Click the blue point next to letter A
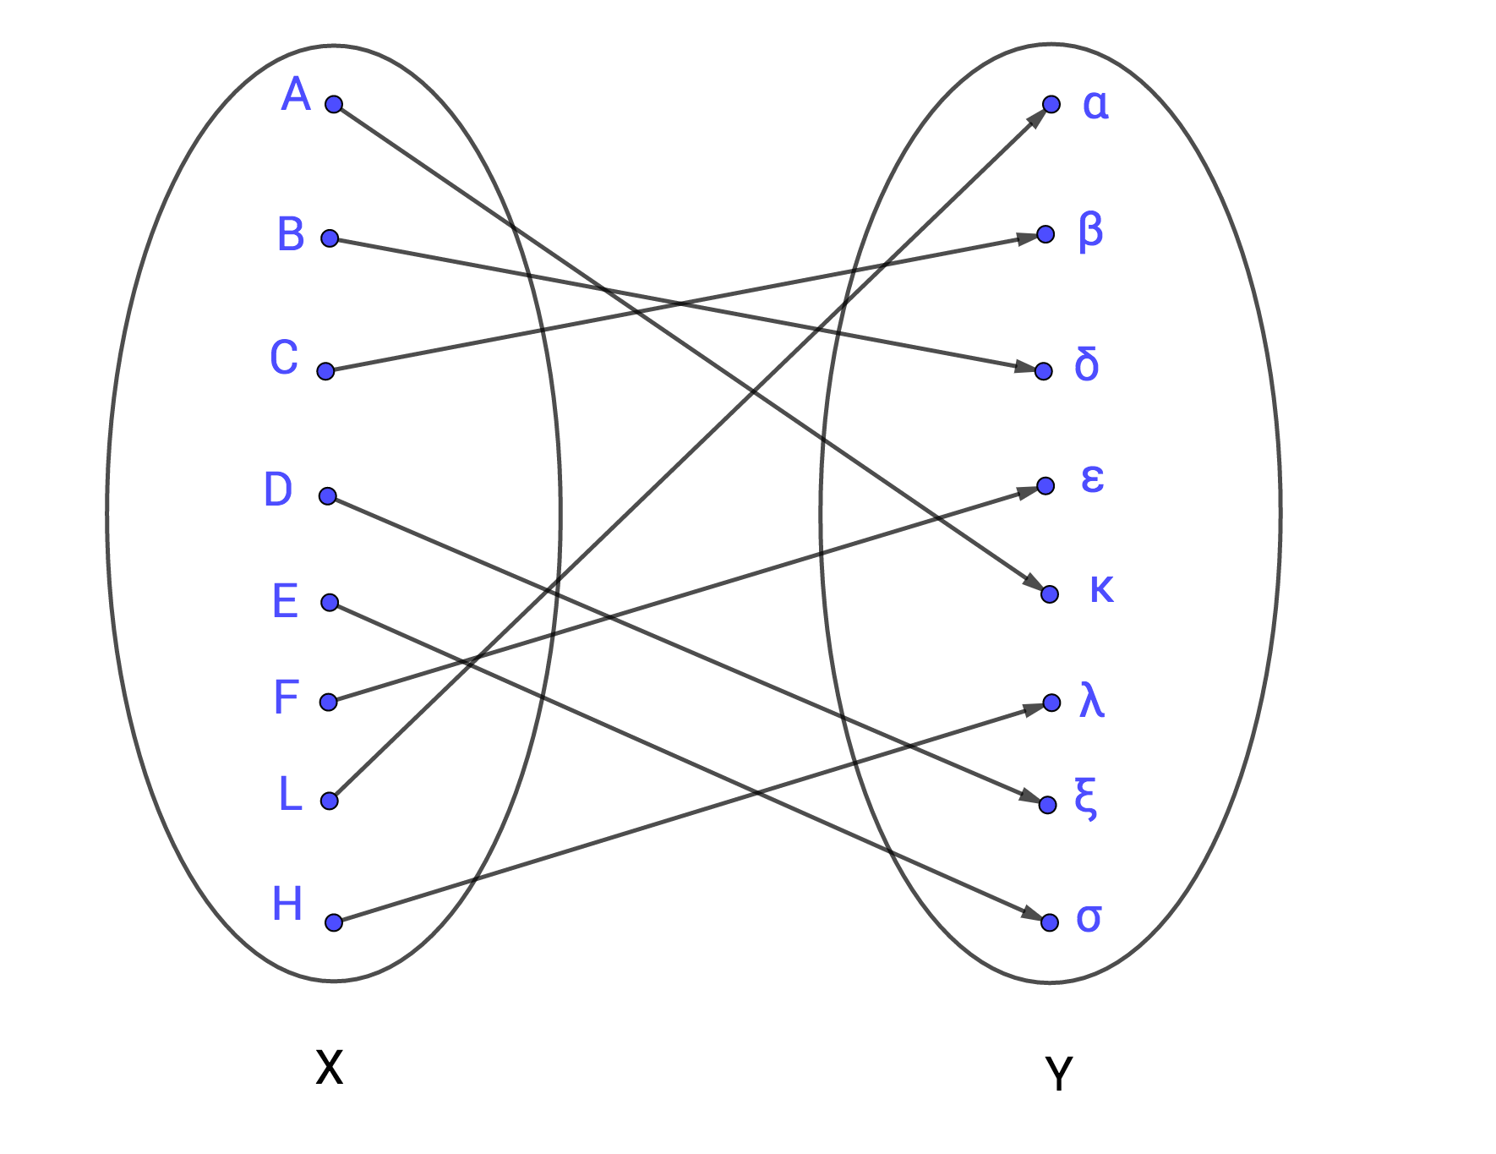click(334, 104)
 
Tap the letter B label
click(291, 234)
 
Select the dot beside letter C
click(325, 371)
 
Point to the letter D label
click(278, 489)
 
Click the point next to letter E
click(330, 602)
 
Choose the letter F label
click(287, 697)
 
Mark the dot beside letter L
click(330, 801)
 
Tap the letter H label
click(287, 904)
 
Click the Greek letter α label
click(1095, 105)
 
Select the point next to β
click(1046, 234)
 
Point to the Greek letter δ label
click(1087, 364)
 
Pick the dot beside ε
click(1046, 485)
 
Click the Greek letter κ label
click(1101, 588)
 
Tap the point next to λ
click(1051, 703)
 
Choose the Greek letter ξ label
click(1086, 797)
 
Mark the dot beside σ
click(1050, 922)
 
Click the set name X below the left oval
click(329, 1067)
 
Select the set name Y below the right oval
click(1058, 1074)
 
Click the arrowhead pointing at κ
click(1033, 582)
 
